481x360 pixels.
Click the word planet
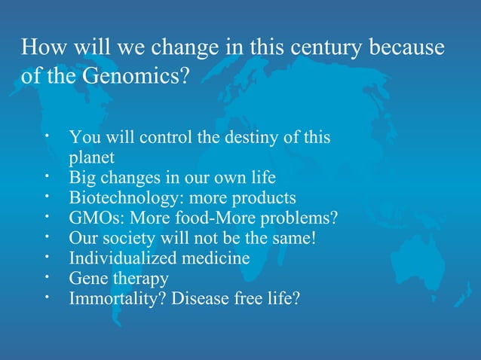[92, 158]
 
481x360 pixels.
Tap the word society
[122, 239]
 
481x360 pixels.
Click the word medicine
[217, 258]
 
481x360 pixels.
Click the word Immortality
[117, 298]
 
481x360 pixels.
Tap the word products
[264, 198]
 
